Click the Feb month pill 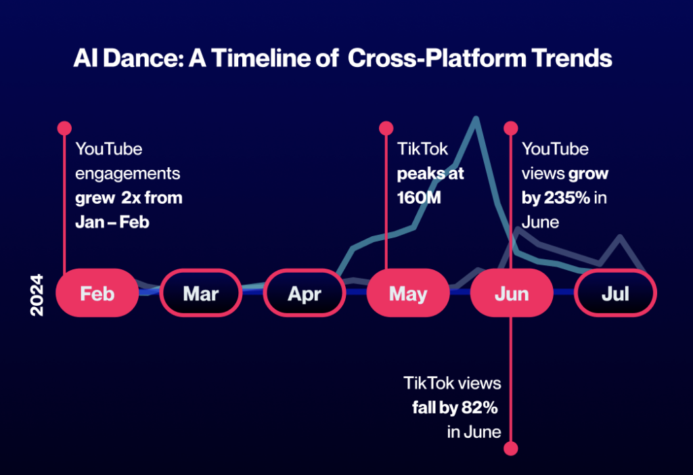(97, 293)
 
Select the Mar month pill (200, 293)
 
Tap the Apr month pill (305, 293)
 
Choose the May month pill (408, 293)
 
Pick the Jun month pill (512, 293)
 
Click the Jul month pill (615, 293)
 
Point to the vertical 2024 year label (37, 295)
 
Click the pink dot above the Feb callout (64, 128)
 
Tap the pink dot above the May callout (386, 128)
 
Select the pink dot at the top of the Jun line (511, 128)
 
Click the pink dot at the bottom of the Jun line (511, 449)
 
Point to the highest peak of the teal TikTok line (476, 118)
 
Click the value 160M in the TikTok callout (419, 198)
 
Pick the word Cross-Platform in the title (437, 58)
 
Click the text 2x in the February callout (131, 198)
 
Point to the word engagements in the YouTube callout (128, 174)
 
